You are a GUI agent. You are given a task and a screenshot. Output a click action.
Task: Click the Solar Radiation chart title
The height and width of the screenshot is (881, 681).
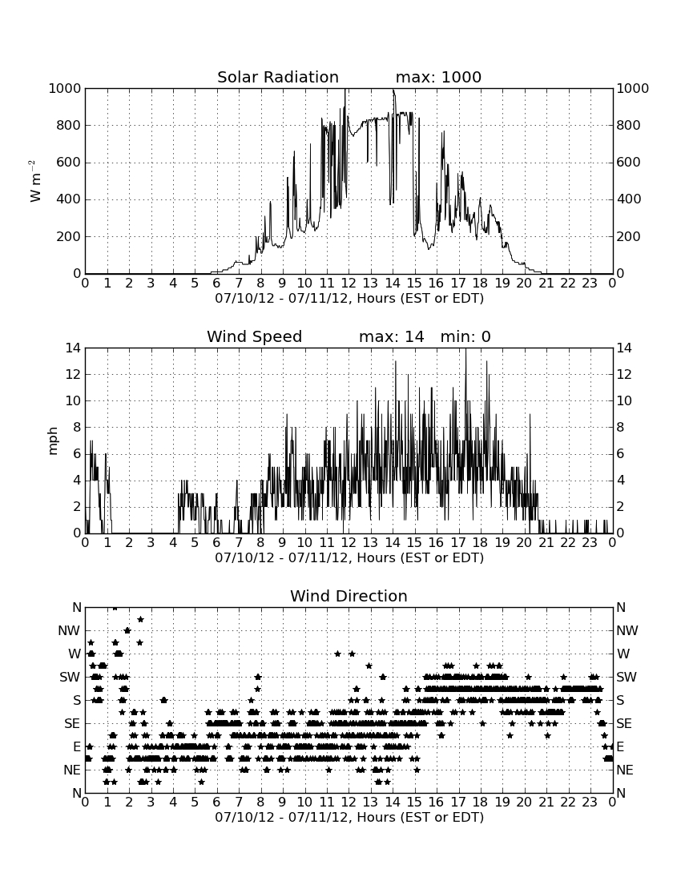[277, 77]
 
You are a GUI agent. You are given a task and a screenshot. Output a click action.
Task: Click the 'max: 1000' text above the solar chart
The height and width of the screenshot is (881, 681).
[438, 77]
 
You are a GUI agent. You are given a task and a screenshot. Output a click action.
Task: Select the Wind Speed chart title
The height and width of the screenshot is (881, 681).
[255, 336]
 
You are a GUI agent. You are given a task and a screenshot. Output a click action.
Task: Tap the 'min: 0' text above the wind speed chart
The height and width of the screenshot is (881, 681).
[465, 336]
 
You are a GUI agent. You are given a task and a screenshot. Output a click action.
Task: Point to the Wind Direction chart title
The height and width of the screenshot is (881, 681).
[349, 596]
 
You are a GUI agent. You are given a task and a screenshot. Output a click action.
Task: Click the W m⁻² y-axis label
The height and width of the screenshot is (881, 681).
[34, 181]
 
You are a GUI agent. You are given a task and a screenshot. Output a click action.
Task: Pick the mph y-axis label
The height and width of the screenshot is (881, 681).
[53, 441]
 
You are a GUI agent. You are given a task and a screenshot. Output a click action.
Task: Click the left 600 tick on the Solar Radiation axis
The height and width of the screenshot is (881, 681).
[69, 163]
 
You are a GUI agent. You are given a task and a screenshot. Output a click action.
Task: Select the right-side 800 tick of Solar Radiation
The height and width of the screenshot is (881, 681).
[629, 125]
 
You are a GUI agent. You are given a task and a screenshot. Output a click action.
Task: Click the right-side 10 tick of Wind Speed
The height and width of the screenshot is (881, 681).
[624, 400]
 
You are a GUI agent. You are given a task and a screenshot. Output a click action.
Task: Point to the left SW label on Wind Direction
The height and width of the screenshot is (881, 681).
[70, 677]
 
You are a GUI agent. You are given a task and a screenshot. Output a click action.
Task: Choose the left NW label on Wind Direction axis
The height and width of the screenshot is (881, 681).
[69, 630]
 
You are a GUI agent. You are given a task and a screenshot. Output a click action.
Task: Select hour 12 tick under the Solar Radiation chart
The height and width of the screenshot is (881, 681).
[349, 284]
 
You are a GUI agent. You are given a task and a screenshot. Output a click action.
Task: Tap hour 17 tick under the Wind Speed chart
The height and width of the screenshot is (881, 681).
[458, 543]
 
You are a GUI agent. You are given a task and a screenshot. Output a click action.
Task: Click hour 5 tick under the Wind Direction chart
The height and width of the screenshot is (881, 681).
[195, 803]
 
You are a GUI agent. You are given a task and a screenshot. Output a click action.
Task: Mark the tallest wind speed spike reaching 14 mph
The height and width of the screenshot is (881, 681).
[465, 349]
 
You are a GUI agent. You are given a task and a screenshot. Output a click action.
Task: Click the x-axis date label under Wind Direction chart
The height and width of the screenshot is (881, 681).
[349, 817]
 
